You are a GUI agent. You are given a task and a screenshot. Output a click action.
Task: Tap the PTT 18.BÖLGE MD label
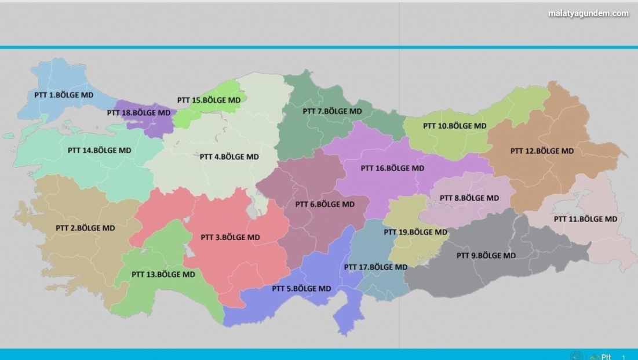138,112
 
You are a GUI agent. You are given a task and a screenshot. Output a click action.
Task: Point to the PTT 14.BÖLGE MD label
99,150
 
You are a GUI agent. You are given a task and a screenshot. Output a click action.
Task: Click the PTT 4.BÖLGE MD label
229,157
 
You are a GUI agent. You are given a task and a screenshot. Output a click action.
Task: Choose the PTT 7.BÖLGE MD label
332,111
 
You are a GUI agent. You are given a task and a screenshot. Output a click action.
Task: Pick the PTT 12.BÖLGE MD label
542,151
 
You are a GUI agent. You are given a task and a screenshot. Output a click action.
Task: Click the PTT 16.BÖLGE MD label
392,168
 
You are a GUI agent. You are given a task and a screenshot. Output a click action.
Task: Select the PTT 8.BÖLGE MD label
469,198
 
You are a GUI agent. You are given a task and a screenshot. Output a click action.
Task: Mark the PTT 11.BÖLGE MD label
585,219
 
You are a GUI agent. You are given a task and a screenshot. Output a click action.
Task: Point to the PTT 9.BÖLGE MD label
486,255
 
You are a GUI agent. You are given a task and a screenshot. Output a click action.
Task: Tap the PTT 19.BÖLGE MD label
415,232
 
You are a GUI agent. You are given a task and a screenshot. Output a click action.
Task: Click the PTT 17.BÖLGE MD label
375,267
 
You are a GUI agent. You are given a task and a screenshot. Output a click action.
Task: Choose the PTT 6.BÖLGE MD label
325,204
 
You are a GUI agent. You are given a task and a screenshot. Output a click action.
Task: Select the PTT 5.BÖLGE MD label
301,288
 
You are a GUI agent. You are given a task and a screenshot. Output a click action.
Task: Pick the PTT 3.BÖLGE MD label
230,237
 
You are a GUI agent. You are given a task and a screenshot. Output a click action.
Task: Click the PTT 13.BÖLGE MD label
163,274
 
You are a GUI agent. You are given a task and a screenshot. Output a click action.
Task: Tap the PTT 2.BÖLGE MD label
85,228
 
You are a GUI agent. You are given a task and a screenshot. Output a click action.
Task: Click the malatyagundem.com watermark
588,13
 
